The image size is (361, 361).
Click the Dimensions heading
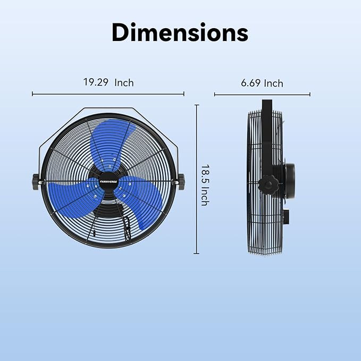pos(180,32)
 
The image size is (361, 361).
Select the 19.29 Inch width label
pos(108,82)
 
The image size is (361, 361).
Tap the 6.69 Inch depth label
pos(262,83)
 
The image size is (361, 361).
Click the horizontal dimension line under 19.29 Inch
pos(108,94)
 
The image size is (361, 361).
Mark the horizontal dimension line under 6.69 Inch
pos(262,95)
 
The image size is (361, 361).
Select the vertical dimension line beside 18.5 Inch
pos(196,179)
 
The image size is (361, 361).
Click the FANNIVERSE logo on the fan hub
pos(108,180)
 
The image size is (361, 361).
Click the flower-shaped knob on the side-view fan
pos(268,185)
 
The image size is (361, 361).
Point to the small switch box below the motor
pos(288,216)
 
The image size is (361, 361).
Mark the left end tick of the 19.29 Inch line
pos(32,94)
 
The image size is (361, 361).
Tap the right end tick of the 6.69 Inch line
pos(310,95)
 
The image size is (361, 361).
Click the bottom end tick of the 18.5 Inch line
pos(196,254)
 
